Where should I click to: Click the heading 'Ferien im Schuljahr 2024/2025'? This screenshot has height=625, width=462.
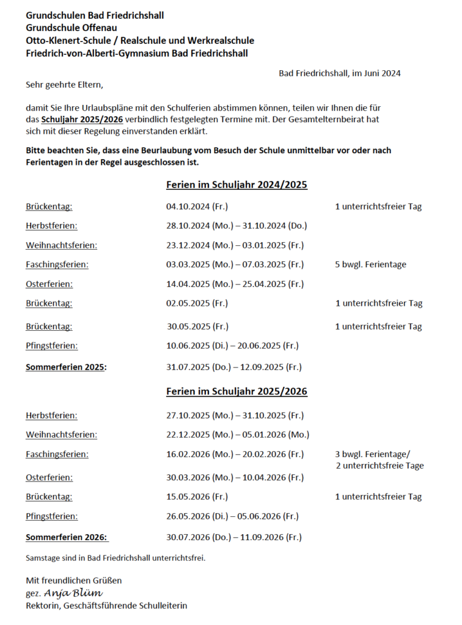(237, 184)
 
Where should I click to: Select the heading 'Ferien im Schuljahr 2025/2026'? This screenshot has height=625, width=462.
(237, 391)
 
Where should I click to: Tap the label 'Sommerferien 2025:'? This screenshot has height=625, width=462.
(66, 367)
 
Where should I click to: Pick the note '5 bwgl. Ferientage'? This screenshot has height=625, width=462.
(370, 265)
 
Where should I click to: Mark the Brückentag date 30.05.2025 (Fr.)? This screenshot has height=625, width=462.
(198, 327)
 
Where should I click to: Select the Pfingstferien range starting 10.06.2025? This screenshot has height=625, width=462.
(232, 346)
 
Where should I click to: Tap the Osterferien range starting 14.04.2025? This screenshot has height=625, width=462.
(235, 284)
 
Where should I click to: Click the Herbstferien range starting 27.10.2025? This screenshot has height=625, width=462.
(235, 416)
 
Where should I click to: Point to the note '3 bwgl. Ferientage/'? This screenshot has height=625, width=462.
(373, 454)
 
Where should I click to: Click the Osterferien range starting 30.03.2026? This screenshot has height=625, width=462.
(235, 477)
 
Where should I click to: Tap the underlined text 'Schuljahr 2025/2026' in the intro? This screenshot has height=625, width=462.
(82, 120)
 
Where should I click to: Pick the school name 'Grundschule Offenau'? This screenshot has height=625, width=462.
(71, 27)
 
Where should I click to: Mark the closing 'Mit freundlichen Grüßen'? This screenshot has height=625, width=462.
(73, 580)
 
